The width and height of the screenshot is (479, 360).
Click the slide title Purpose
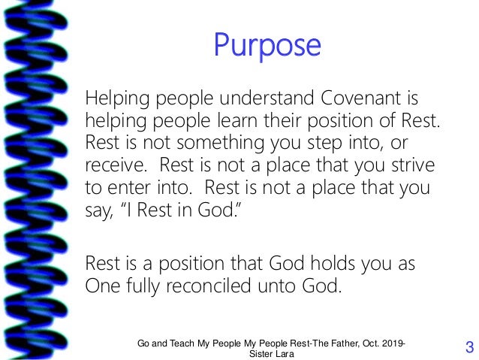pyautogui.click(x=267, y=47)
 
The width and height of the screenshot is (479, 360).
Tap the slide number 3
pyautogui.click(x=469, y=347)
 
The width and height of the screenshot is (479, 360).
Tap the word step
pyautogui.click(x=327, y=143)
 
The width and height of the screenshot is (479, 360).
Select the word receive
pyautogui.click(x=113, y=164)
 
